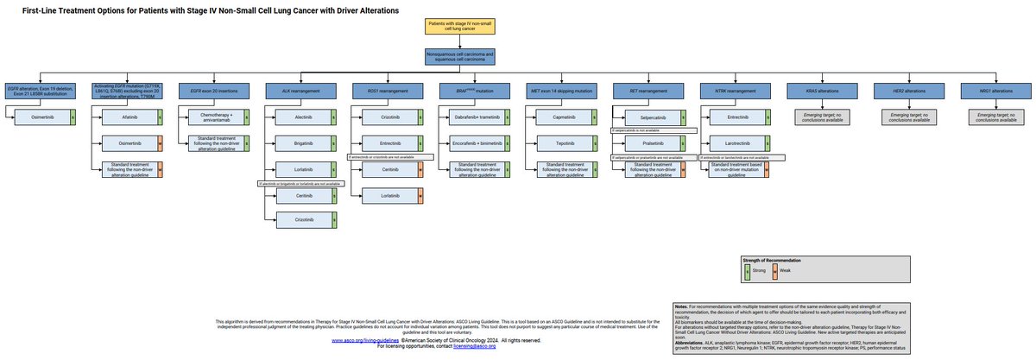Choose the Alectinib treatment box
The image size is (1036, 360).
pos(302,116)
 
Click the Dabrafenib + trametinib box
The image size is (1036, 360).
pos(478,116)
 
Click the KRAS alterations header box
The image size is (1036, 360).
pos(815,90)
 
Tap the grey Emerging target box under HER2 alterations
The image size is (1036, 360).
pos(902,117)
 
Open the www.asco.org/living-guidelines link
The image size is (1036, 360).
pos(362,339)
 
